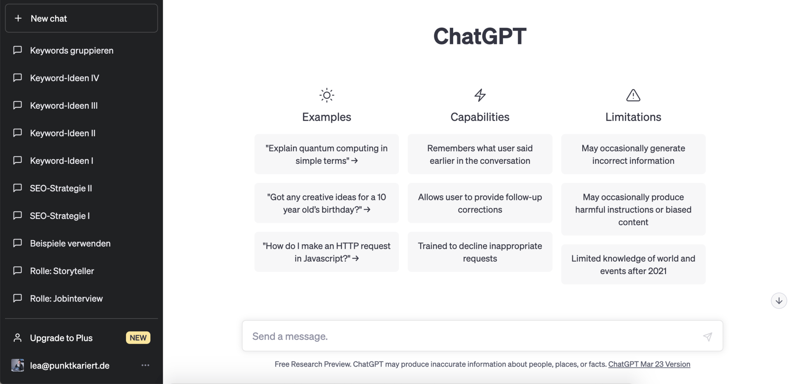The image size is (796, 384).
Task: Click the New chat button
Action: tap(81, 18)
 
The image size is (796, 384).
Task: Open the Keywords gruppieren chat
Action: tap(72, 50)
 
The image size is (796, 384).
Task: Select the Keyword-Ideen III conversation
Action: tap(64, 106)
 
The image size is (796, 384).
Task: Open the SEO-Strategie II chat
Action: tap(61, 188)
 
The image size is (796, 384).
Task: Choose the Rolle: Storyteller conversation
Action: tap(62, 271)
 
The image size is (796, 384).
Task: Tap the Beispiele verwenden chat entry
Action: tap(70, 243)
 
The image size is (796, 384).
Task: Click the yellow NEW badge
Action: tap(138, 338)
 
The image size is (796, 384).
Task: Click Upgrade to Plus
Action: tap(61, 338)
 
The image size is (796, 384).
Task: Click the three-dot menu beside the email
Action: tap(145, 365)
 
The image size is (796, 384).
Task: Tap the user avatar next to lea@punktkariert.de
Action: tap(17, 365)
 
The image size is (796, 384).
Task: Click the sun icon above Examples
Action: tap(326, 95)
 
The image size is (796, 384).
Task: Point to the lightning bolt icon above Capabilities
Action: tap(480, 95)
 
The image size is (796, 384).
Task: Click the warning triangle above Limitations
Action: tap(633, 95)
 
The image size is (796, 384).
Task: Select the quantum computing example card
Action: tap(326, 154)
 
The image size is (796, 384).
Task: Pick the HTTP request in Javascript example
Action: tap(326, 252)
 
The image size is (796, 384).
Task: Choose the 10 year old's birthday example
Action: tap(326, 203)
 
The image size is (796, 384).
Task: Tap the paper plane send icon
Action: tap(707, 337)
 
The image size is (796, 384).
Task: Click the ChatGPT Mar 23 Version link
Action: tap(649, 364)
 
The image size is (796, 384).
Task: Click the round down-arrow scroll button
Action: tap(779, 301)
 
